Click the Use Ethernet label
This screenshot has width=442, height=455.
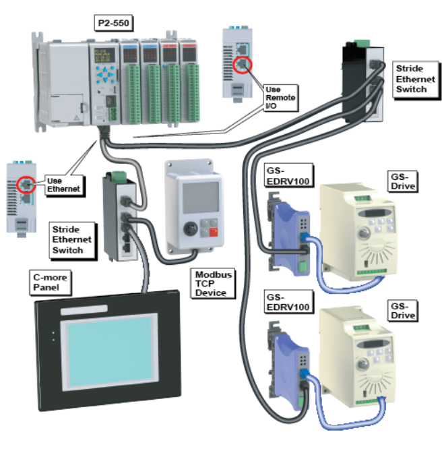pos(63,184)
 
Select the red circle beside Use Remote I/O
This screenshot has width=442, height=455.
pos(243,65)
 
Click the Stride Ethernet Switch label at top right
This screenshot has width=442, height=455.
pos(411,78)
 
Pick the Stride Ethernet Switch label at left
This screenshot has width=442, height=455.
pos(68,239)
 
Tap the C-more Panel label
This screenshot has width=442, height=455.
pos(48,282)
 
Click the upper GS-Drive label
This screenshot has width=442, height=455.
pos(403,181)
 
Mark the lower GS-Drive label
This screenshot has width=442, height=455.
pos(403,311)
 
